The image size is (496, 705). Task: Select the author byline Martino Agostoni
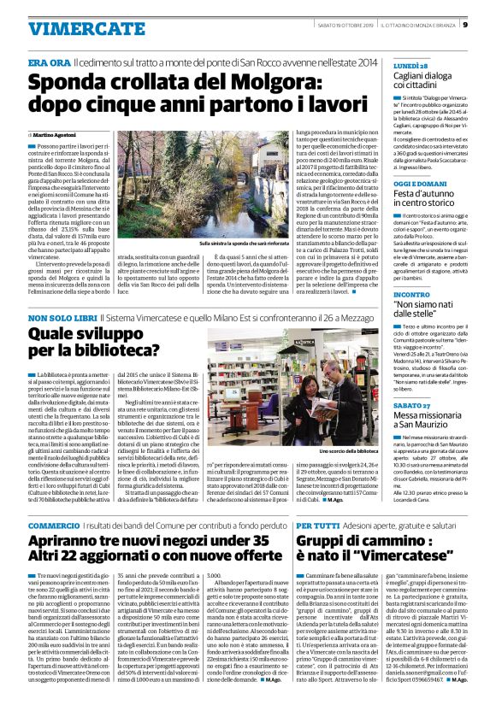coord(55,136)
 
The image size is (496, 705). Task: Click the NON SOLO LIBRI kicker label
coord(62,318)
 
